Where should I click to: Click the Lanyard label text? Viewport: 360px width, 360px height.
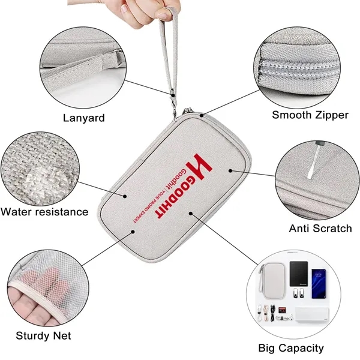tap(83, 118)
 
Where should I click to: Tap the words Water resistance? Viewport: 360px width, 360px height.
tap(44, 211)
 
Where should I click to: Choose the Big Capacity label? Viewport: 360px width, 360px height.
tap(291, 347)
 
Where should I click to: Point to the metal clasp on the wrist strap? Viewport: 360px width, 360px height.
tap(174, 96)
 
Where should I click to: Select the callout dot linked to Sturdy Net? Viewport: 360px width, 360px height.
tap(133, 231)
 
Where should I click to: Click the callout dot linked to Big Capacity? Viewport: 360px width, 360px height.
tap(190, 212)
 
